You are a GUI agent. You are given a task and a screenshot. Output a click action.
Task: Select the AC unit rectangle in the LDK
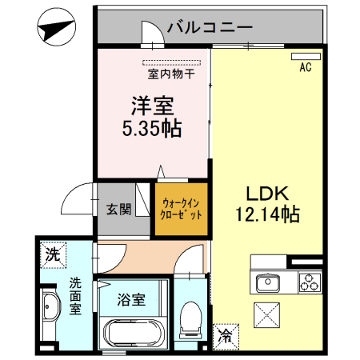tap(302, 58)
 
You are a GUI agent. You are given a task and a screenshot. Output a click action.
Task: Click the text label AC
tap(305, 69)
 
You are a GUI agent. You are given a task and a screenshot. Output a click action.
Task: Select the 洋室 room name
tap(152, 106)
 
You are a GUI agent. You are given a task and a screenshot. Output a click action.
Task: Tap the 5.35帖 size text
tap(152, 127)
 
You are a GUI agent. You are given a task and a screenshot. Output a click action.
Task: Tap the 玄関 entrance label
tap(118, 210)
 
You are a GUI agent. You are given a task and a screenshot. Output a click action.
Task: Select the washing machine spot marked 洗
tap(52, 256)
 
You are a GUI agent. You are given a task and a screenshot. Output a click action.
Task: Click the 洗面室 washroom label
tap(74, 296)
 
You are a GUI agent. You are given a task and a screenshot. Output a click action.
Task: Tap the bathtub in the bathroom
tap(132, 331)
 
